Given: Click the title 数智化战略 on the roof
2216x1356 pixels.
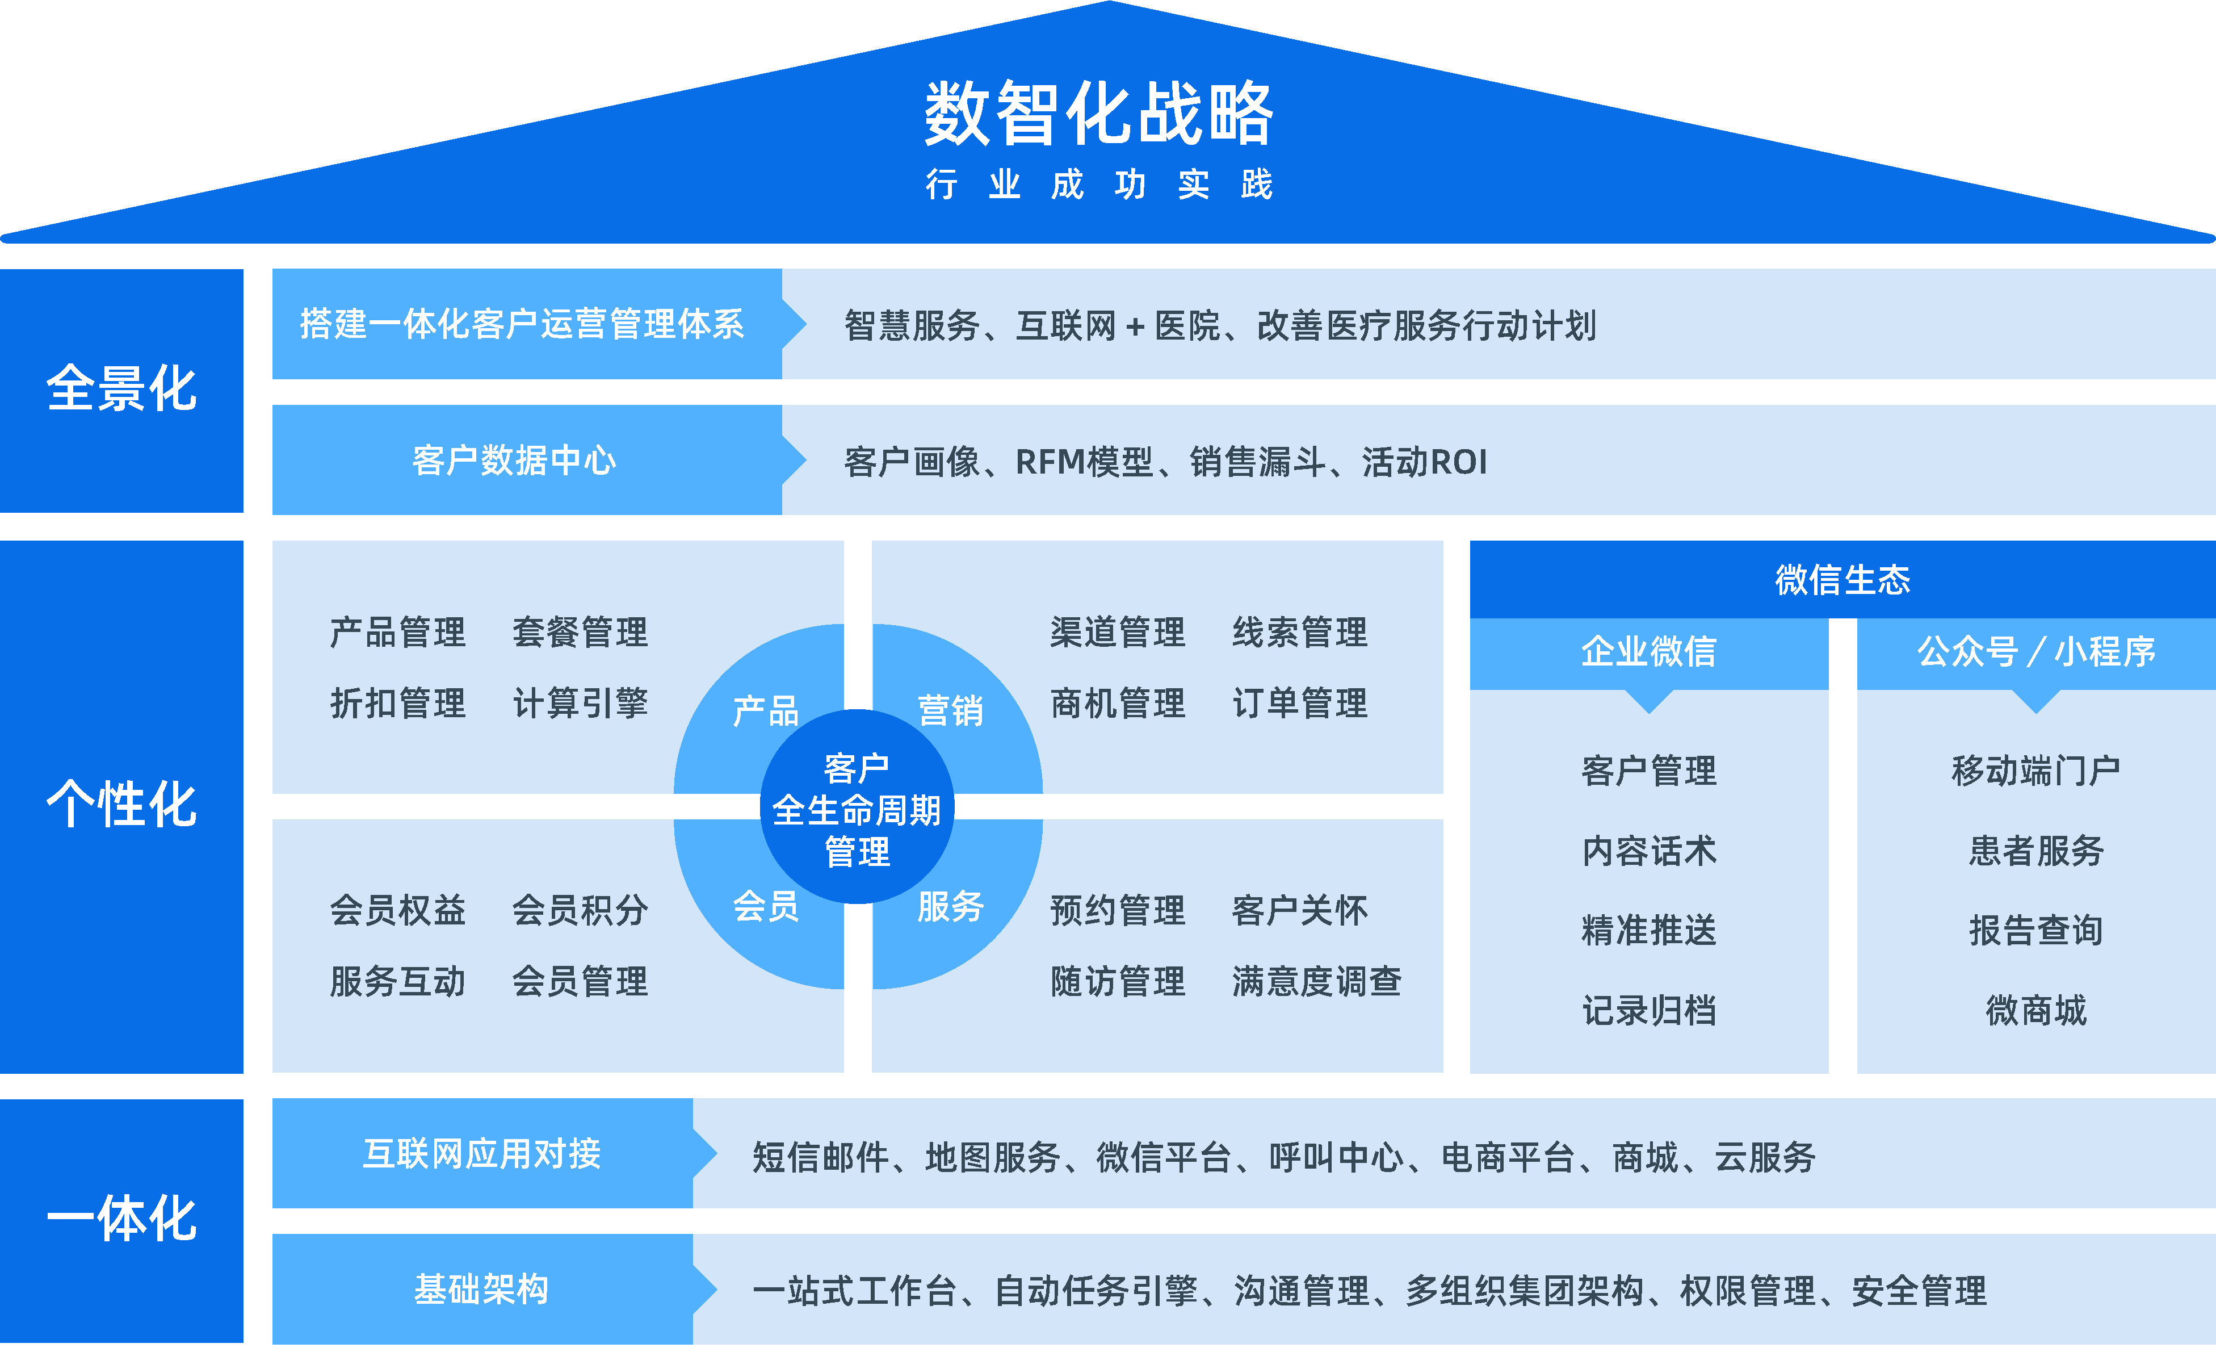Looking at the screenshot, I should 1098,114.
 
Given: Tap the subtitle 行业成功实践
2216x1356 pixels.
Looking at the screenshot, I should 1098,185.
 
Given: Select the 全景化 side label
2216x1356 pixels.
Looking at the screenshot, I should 121,390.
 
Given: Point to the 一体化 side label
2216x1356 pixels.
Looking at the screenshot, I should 121,1219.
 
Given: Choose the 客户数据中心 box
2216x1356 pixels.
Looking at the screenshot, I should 514,461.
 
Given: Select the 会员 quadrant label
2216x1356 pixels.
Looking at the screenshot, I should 765,905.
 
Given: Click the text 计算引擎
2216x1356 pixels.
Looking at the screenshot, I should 580,704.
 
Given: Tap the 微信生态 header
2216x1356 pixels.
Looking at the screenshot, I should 1842,579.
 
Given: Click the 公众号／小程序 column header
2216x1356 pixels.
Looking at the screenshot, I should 2036,651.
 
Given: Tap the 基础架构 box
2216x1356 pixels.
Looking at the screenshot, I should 481,1290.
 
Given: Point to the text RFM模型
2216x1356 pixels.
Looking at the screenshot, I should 1084,462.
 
